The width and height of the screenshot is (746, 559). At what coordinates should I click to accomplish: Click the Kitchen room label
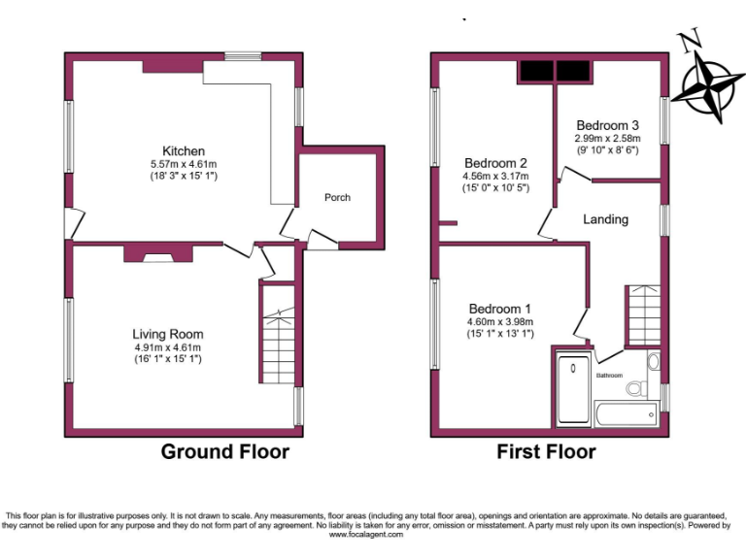click(183, 151)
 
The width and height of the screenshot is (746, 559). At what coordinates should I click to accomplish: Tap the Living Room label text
click(169, 334)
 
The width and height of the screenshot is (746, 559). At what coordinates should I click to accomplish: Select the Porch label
click(337, 198)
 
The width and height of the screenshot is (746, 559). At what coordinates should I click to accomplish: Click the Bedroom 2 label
click(495, 162)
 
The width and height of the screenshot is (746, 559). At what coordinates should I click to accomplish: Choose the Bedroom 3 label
click(607, 125)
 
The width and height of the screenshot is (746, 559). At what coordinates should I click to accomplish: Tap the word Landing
click(605, 219)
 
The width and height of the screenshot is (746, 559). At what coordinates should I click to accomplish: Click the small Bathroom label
click(609, 375)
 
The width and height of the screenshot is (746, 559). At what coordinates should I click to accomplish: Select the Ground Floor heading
click(224, 451)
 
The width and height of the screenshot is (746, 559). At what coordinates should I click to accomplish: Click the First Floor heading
click(546, 451)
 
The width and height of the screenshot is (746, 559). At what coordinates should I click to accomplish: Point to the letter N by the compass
click(691, 41)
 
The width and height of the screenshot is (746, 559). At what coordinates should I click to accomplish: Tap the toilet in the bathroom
click(636, 389)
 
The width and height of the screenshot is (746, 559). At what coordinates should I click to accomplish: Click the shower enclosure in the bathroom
click(573, 388)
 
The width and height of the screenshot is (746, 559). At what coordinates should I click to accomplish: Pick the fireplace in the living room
click(148, 255)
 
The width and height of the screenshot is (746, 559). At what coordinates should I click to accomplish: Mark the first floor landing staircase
click(642, 316)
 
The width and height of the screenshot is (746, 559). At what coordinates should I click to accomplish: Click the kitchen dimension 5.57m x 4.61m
click(183, 164)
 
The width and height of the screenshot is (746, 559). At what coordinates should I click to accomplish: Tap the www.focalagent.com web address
click(372, 535)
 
